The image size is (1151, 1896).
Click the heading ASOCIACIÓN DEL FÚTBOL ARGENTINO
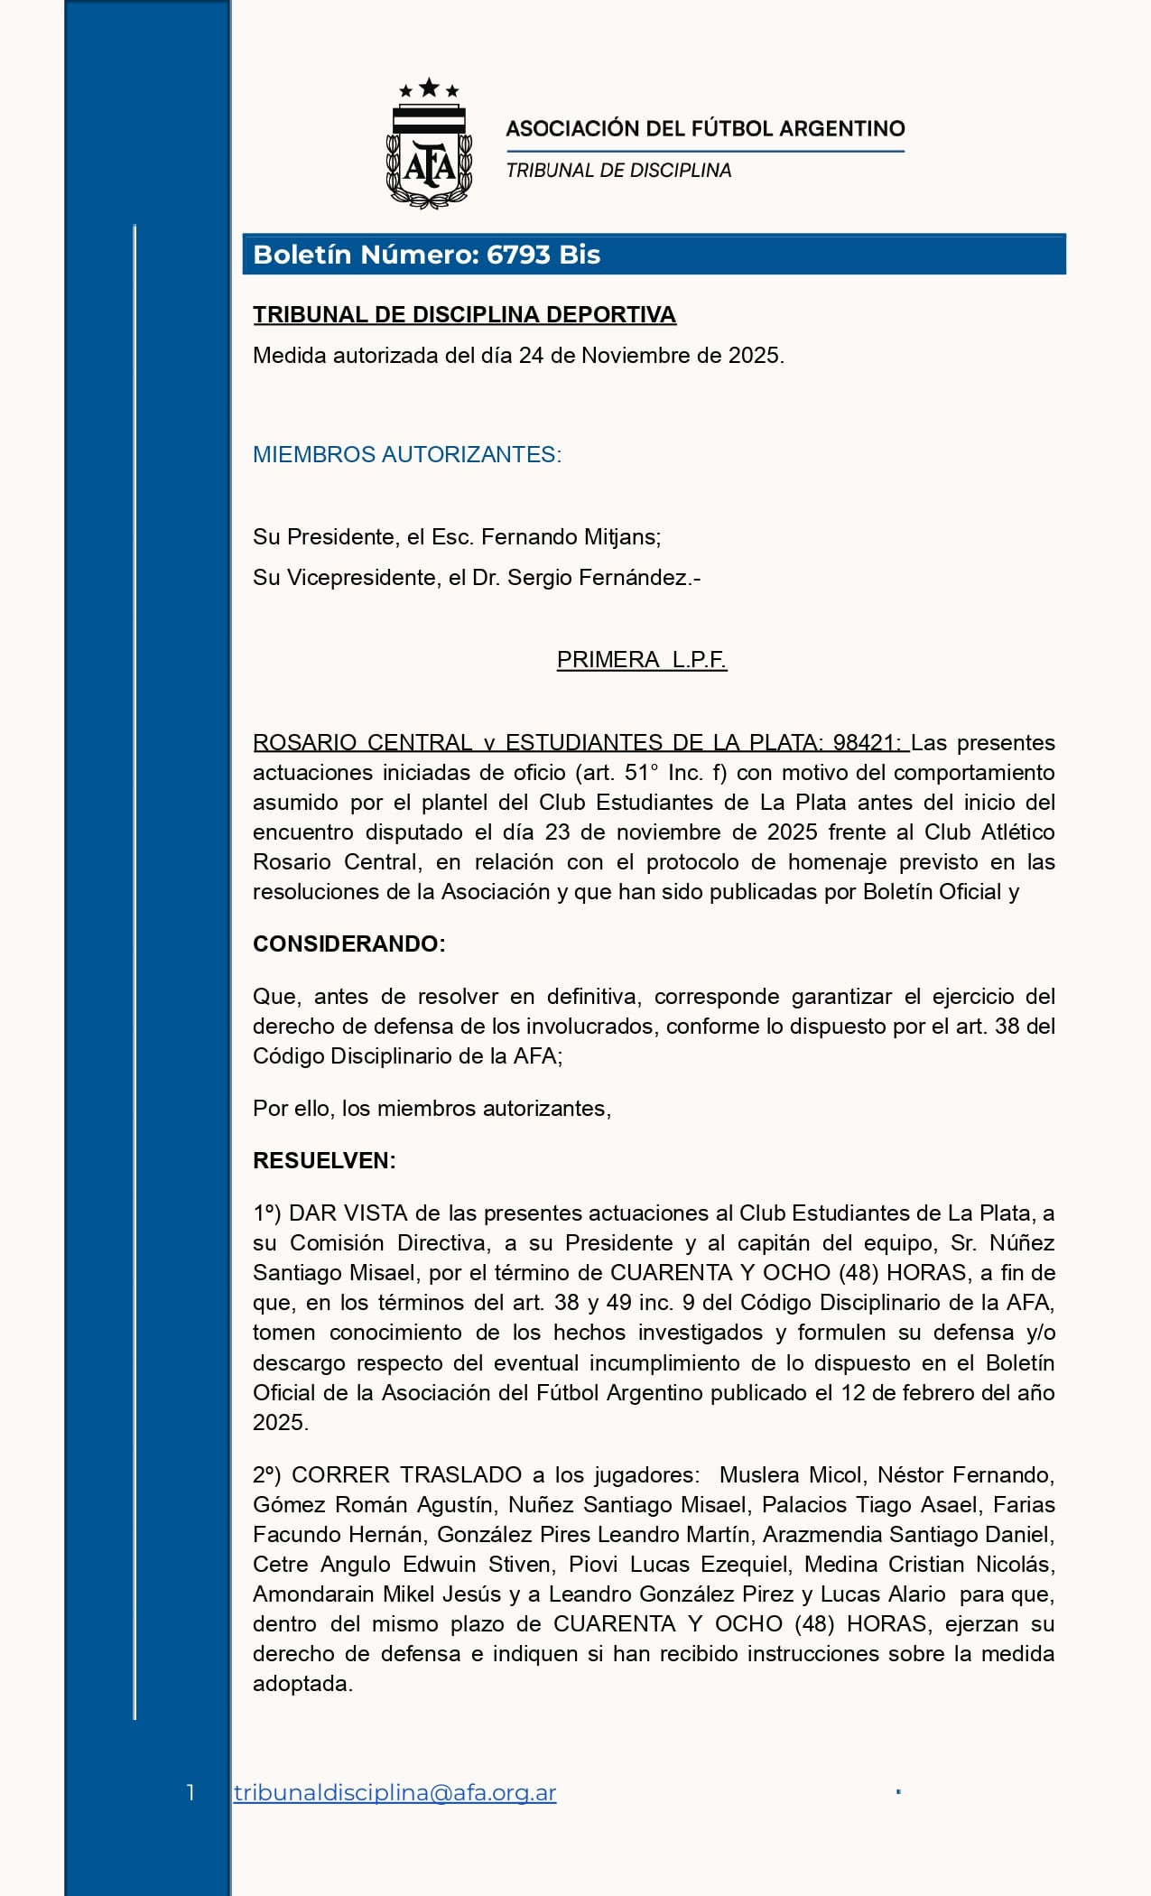705,128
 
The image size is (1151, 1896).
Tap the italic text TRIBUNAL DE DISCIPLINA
618,171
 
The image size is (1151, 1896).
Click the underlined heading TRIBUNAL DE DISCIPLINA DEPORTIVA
464,314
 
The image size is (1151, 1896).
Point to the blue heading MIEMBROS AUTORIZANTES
407,454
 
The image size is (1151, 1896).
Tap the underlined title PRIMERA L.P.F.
642,660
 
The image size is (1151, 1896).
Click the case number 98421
865,743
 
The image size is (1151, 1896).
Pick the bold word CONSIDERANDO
348,944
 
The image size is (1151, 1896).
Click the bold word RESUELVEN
324,1161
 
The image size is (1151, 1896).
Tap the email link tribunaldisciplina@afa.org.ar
394,1792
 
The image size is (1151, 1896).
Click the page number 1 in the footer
190,1792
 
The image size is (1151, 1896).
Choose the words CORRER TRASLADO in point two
406,1475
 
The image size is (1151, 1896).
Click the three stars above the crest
429,88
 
